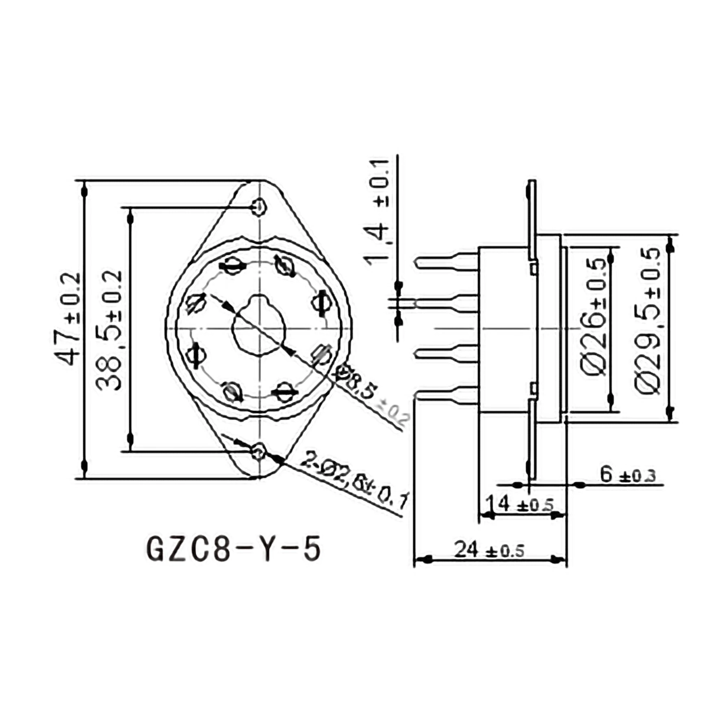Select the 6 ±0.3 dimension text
[627, 475]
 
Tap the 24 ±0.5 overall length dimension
[489, 550]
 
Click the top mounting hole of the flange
[258, 206]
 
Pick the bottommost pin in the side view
[447, 396]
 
